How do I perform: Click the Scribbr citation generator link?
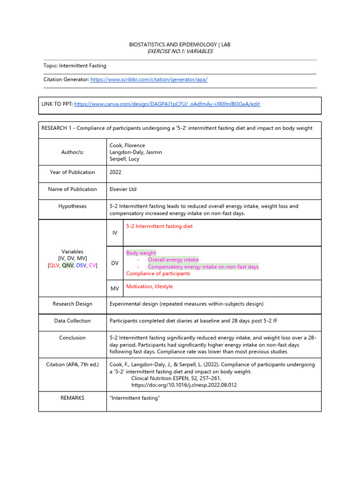coord(149,80)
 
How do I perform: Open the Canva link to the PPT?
coord(167,104)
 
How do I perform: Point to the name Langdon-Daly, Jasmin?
coord(135,152)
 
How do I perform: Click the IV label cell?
coord(115,233)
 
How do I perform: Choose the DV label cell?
coord(115,263)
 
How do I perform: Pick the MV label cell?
coord(115,289)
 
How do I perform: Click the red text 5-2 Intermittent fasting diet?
coord(159,226)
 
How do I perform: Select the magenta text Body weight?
coord(141,253)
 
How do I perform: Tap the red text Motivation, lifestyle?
coord(149,286)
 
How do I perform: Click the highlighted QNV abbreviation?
coord(68,265)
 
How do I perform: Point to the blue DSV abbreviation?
coord(82,265)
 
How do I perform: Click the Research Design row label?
coord(73,304)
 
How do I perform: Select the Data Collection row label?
coord(73,321)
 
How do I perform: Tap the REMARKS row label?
coord(73,398)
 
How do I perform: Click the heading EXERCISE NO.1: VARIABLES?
coord(180,52)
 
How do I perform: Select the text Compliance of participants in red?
coord(158,274)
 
